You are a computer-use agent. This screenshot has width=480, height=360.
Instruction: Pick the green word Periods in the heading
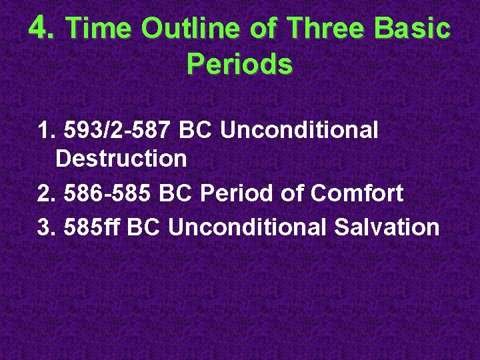point(239,64)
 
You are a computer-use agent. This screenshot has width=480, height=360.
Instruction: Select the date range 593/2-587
point(119,130)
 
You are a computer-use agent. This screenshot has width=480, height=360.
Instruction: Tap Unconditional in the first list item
point(299,130)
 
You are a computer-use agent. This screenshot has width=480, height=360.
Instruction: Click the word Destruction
point(121,159)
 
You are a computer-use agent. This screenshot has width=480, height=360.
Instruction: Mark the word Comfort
point(357,193)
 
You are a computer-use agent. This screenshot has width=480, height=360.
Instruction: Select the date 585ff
point(93,227)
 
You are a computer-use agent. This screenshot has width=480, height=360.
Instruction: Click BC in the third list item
point(144,227)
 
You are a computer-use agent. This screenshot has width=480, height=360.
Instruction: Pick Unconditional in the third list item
point(247,227)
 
